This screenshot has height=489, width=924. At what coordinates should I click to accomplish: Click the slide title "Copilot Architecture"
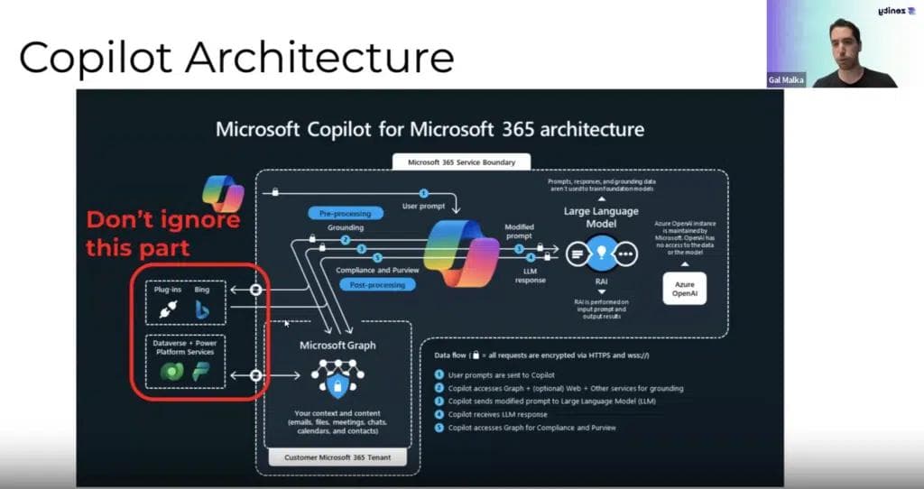pos(236,58)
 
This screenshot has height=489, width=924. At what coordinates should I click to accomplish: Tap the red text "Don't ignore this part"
pos(163,234)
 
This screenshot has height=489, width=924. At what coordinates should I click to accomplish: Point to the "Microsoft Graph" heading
pos(337,345)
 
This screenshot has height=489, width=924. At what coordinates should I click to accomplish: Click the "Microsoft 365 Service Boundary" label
pos(462,162)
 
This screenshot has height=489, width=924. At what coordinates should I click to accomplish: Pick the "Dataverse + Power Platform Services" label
pos(184,346)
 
